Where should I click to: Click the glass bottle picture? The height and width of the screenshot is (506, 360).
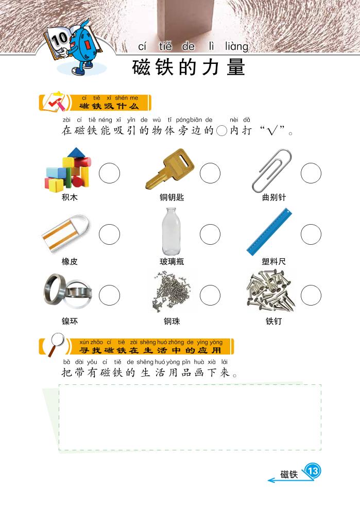[x=172, y=231]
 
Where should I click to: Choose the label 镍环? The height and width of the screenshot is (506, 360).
[x=70, y=321]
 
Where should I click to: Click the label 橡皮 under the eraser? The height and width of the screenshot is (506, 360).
[x=70, y=261]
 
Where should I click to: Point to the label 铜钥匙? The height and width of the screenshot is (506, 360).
[x=172, y=197]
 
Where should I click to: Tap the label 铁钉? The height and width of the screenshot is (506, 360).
[x=273, y=321]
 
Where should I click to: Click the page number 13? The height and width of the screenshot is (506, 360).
[x=313, y=471]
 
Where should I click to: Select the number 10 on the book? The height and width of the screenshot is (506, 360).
[x=59, y=39]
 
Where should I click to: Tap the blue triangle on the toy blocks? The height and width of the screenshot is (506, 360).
[x=76, y=153]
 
